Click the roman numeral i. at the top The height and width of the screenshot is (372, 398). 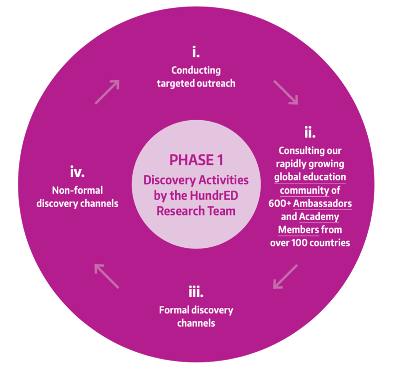196,52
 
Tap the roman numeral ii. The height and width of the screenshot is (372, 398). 310,133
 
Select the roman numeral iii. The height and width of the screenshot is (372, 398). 196,291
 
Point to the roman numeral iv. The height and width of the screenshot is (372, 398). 77,173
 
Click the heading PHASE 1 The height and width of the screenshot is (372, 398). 196,160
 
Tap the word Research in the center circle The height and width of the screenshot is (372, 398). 179,211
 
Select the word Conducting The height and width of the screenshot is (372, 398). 196,70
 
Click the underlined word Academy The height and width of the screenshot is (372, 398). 319,217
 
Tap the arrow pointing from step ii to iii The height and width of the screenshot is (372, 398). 285,277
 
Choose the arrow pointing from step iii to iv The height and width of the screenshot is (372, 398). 106,276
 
